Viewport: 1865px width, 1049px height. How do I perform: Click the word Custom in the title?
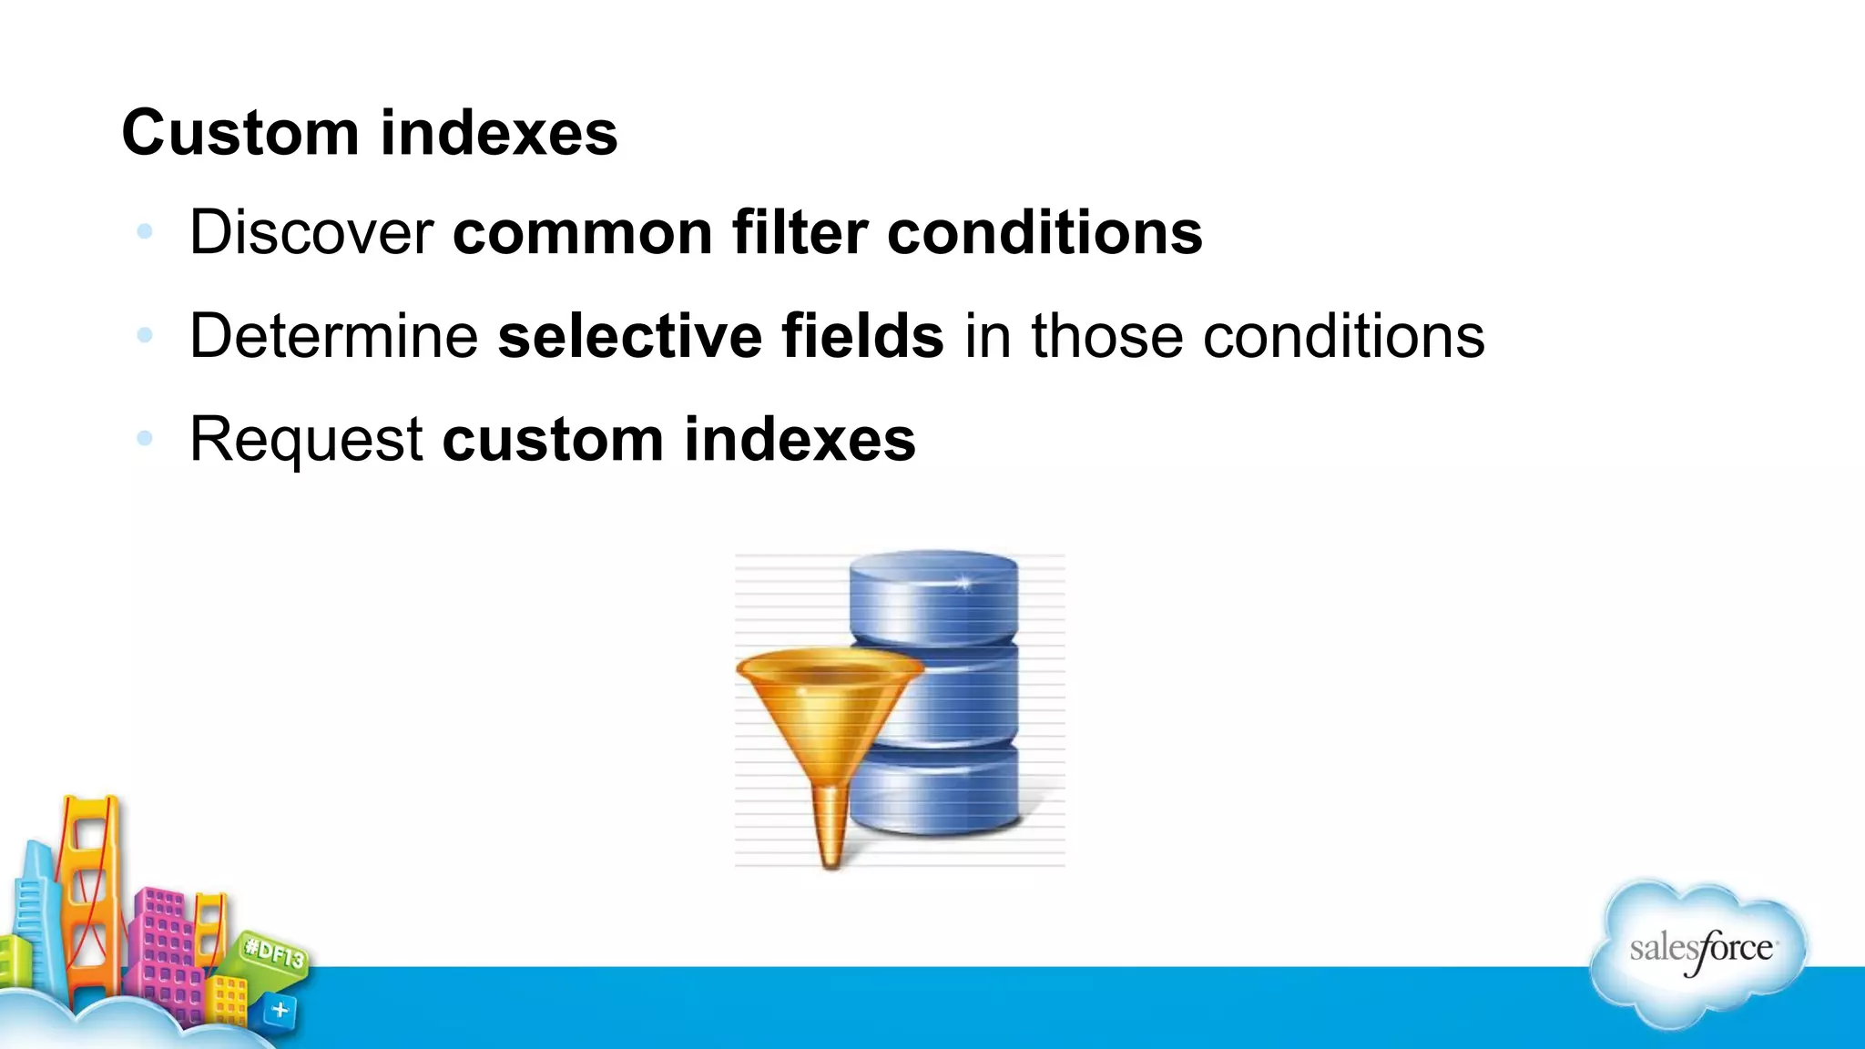click(240, 133)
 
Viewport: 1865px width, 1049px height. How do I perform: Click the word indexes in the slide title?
click(498, 133)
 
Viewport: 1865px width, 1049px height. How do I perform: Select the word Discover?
click(311, 233)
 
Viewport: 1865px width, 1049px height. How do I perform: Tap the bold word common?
click(582, 233)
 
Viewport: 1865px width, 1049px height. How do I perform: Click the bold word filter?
click(799, 233)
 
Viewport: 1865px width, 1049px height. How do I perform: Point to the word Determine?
click(333, 336)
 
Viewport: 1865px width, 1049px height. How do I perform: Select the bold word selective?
click(629, 336)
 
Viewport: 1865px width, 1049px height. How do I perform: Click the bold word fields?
click(862, 336)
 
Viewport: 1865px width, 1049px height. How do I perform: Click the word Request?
click(306, 440)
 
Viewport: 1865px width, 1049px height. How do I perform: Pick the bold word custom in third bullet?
click(553, 440)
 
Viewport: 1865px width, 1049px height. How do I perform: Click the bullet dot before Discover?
click(144, 232)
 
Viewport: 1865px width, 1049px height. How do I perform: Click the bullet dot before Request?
click(144, 439)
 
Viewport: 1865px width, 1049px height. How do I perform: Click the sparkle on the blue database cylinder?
click(964, 583)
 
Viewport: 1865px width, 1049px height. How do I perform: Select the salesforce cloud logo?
click(1699, 952)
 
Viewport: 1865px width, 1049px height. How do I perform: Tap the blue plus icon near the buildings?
click(280, 1010)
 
